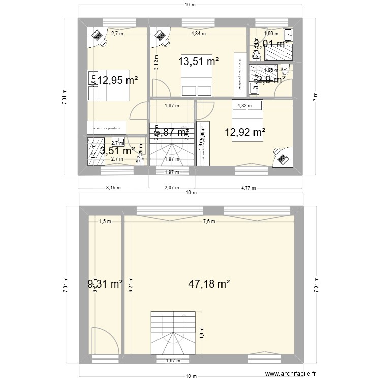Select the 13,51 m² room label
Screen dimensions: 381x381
pos(199,61)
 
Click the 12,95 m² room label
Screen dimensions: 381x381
pos(118,80)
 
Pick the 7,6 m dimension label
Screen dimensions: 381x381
pos(209,221)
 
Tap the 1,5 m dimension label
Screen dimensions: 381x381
pos(105,221)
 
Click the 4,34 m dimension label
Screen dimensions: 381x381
pos(198,34)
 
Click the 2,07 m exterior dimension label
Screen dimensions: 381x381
pos(172,188)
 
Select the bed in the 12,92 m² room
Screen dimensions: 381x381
pos(247,120)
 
